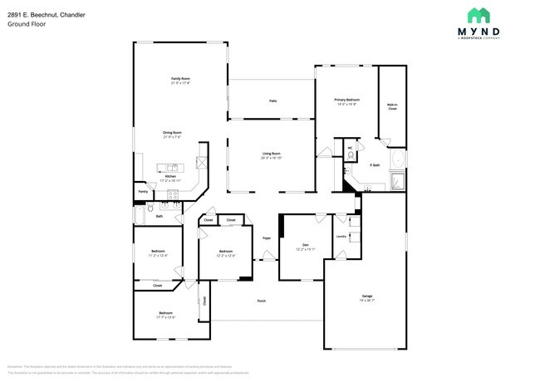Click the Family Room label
click(x=180, y=78)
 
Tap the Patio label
click(x=272, y=100)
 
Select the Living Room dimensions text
click(x=272, y=158)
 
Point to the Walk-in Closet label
click(x=392, y=106)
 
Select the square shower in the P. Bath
click(x=397, y=180)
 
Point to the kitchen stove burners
click(x=173, y=195)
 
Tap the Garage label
click(x=366, y=296)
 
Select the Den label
click(x=305, y=244)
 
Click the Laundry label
click(x=341, y=236)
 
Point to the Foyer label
click(x=267, y=238)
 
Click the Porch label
click(x=261, y=301)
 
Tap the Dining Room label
click(x=172, y=132)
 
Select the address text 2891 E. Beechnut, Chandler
click(x=47, y=12)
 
